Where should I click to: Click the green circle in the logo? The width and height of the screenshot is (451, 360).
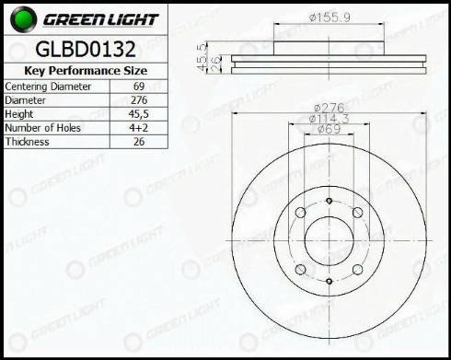pyautogui.click(x=23, y=18)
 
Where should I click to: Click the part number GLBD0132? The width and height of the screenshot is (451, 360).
pyautogui.click(x=86, y=49)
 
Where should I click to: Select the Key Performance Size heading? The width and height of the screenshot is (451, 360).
pyautogui.click(x=86, y=71)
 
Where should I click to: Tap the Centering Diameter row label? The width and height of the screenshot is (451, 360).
pyautogui.click(x=48, y=87)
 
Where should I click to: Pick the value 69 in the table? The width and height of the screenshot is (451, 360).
pyautogui.click(x=139, y=87)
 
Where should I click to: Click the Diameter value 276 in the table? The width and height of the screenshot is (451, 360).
pyautogui.click(x=139, y=100)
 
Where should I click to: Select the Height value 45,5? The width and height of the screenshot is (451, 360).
pyautogui.click(x=139, y=114)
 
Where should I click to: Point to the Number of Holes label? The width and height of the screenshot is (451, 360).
pyautogui.click(x=42, y=128)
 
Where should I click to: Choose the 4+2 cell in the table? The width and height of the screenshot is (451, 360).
pyautogui.click(x=139, y=128)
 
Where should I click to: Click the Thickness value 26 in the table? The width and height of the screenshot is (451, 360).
pyautogui.click(x=139, y=142)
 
